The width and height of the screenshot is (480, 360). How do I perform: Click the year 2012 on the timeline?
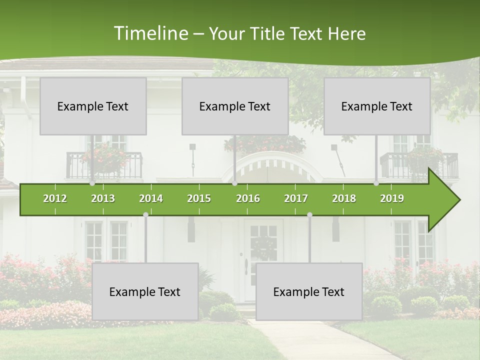[55, 198]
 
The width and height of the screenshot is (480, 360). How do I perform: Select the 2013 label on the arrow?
[103, 198]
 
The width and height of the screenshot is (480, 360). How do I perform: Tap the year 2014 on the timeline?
[151, 198]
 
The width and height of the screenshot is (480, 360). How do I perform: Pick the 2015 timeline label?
[199, 198]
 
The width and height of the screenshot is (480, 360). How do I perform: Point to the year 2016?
[248, 198]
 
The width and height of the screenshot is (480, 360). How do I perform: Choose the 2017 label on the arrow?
[296, 198]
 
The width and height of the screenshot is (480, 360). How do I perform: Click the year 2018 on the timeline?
[344, 198]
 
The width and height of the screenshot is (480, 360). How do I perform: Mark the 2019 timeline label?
[392, 198]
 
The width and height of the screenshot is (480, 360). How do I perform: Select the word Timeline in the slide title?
[150, 33]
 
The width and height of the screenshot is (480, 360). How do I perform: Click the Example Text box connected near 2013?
[93, 106]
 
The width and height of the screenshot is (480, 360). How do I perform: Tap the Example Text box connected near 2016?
[235, 106]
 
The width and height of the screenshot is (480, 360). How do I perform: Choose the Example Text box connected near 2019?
[377, 106]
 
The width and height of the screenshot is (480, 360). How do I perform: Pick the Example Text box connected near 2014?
[145, 291]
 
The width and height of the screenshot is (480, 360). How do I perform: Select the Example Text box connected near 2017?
[309, 291]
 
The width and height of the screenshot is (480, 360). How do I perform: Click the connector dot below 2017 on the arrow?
[309, 214]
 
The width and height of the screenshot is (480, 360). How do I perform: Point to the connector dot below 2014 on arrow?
[145, 214]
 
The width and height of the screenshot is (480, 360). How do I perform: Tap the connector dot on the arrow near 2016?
[234, 183]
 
